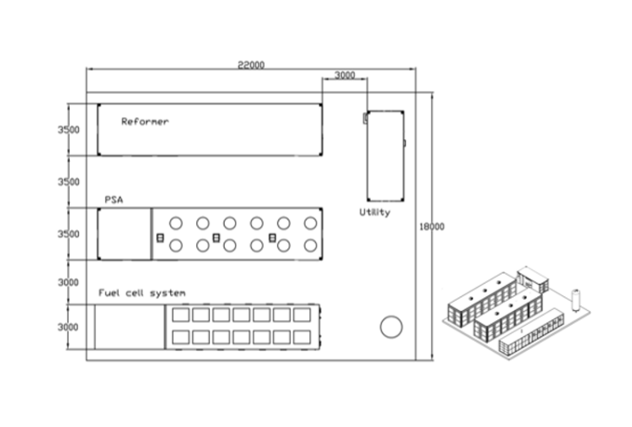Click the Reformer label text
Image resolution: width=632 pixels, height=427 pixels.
pos(145,121)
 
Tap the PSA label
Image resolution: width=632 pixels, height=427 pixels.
pos(114,199)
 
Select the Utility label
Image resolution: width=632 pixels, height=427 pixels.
pos(375,213)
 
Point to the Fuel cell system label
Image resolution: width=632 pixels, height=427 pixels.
pos(142,293)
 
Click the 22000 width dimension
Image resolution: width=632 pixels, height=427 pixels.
pos(251,65)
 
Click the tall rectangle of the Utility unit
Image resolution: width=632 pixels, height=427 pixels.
pos(385,155)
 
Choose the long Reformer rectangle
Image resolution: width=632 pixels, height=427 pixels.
pos(210,131)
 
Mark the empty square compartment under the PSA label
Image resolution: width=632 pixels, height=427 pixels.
pos(125,234)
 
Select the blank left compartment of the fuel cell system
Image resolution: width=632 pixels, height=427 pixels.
pos(130,327)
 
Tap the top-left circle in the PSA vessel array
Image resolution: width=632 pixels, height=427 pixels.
pos(175,224)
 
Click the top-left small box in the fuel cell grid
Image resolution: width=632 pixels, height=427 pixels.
pos(180,316)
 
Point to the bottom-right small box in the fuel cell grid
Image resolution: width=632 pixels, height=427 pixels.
pos(301,336)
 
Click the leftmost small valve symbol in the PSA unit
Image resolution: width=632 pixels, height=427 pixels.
pos(160,239)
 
